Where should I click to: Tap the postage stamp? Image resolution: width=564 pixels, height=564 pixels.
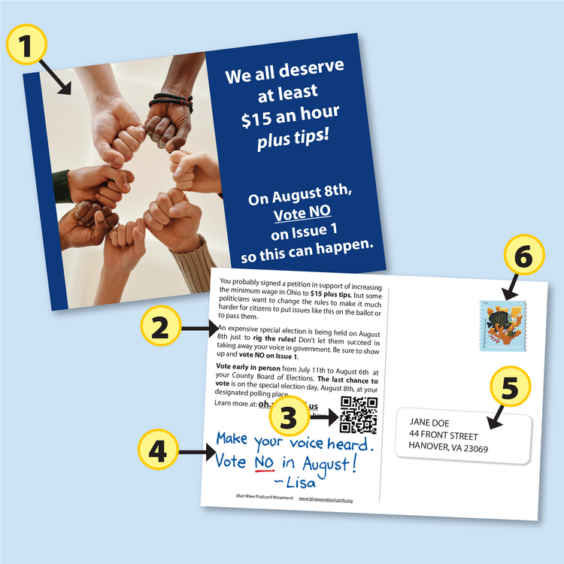tap(503, 326)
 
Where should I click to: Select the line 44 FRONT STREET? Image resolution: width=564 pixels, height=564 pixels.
tap(444, 435)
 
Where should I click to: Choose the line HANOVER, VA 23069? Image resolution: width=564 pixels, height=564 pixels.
tap(448, 449)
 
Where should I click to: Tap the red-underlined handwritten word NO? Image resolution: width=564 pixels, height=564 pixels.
tap(265, 462)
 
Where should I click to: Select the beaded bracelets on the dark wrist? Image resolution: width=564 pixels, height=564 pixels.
tap(171, 100)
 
